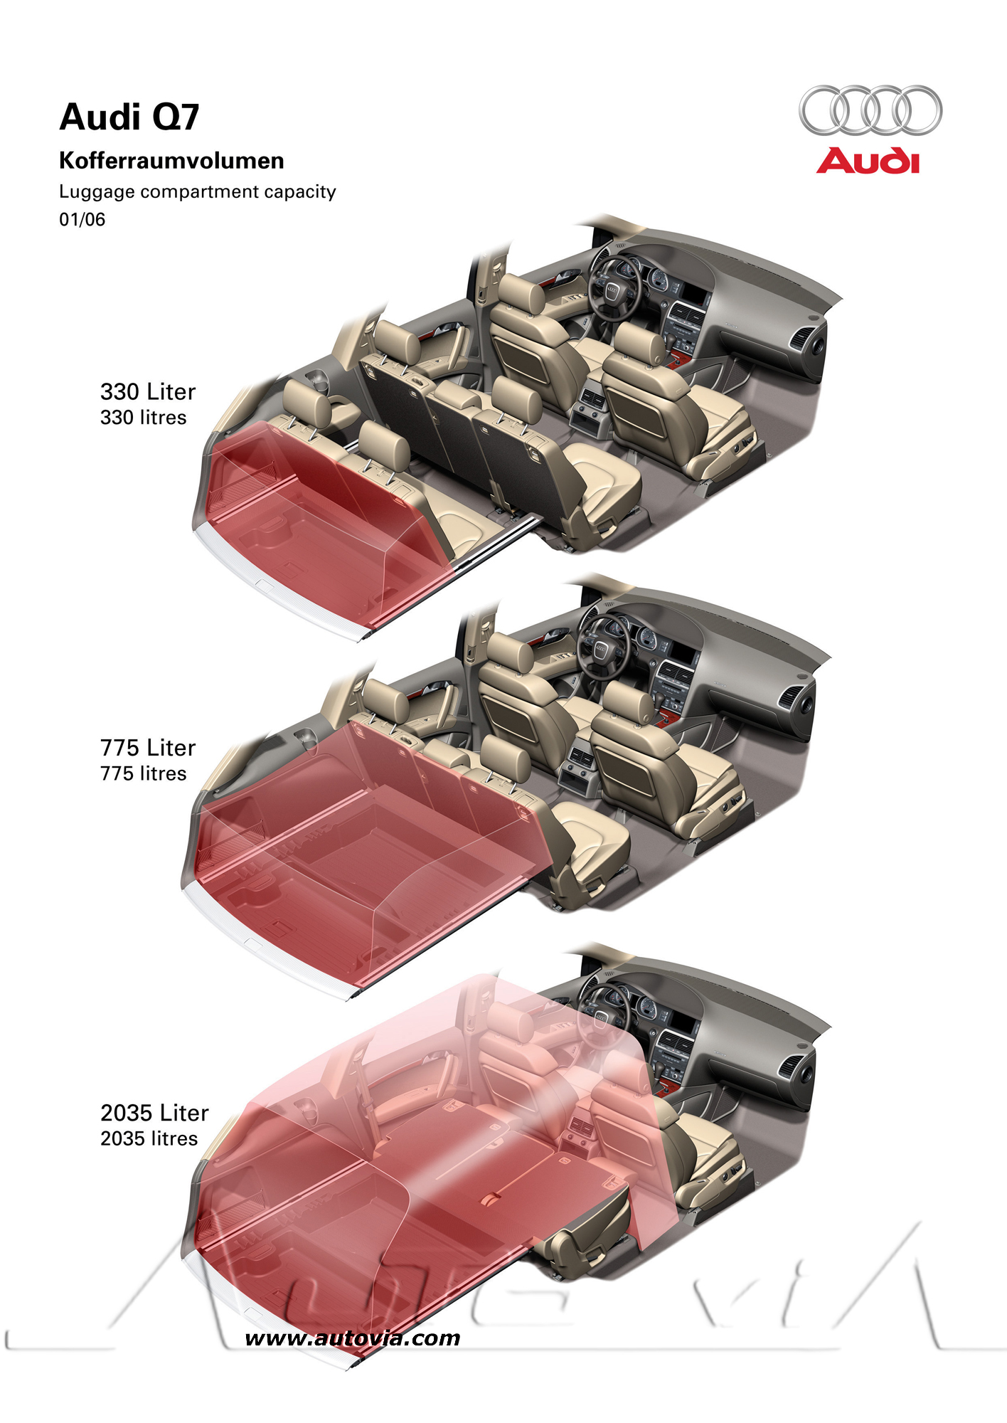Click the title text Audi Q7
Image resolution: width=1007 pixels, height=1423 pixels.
click(x=129, y=117)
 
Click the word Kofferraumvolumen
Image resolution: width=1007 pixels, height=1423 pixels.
click(x=171, y=161)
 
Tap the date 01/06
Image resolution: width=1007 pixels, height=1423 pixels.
click(x=82, y=219)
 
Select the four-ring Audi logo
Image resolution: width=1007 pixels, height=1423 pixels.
click(x=870, y=110)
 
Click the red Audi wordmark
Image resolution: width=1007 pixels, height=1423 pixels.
click(x=868, y=161)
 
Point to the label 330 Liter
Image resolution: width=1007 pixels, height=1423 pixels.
click(x=148, y=391)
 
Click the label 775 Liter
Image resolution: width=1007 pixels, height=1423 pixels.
click(x=148, y=748)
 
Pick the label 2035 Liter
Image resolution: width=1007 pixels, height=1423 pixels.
click(x=154, y=1113)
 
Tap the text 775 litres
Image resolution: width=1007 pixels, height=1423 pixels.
click(x=144, y=773)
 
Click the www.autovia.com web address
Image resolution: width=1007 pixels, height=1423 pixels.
click(x=353, y=1338)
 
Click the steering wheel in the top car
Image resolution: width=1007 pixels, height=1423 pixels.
click(x=613, y=289)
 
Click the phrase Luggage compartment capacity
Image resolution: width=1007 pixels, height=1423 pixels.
click(x=198, y=192)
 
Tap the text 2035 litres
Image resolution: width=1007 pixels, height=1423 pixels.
click(x=149, y=1138)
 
